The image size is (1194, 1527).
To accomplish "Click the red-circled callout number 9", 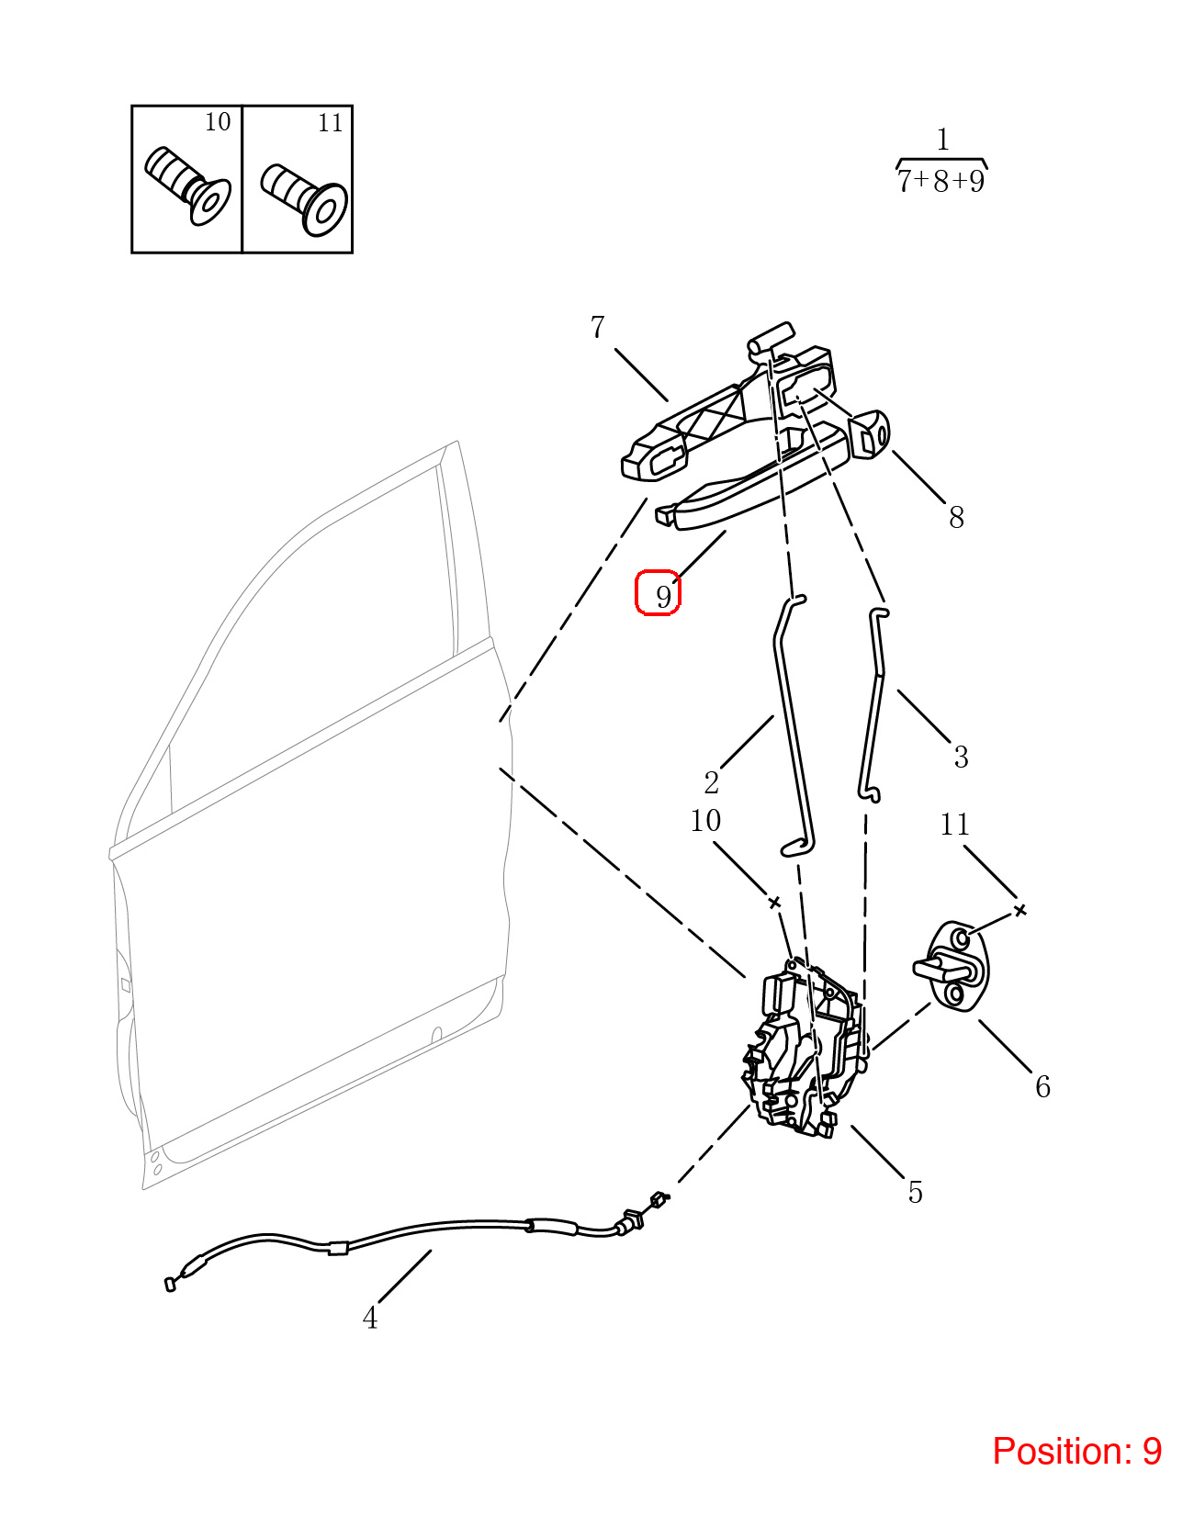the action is (663, 597).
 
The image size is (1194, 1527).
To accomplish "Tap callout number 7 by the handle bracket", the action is (597, 327).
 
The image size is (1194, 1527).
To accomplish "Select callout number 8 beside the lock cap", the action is (956, 517).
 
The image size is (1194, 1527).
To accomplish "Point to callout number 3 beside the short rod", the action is (961, 757).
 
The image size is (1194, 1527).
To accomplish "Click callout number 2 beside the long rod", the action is (711, 783).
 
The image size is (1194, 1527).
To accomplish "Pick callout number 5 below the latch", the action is (915, 1193).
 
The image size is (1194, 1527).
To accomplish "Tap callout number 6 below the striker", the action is (1042, 1087).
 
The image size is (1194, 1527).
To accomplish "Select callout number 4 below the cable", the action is (370, 1319).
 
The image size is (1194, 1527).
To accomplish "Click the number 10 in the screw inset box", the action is (218, 122).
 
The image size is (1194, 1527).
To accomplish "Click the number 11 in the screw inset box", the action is (331, 123).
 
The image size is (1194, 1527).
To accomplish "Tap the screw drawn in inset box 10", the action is (187, 185).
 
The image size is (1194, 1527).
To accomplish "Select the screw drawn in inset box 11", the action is (304, 199).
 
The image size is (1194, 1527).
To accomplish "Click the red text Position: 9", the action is (1076, 1451).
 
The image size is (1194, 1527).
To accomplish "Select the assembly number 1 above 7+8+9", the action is (943, 140).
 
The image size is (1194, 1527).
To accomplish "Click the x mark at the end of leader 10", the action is (774, 903).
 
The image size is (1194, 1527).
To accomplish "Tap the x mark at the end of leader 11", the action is (1020, 910).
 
